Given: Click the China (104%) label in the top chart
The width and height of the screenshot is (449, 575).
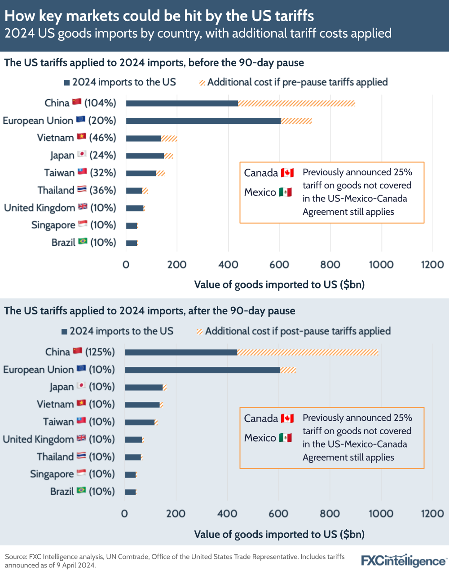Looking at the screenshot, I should tap(80, 103).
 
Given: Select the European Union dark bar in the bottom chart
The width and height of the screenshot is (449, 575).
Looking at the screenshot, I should tap(202, 370).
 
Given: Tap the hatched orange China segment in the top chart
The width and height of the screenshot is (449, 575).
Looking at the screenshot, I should tap(296, 104).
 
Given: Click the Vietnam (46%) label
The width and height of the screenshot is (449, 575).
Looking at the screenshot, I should tap(76, 138).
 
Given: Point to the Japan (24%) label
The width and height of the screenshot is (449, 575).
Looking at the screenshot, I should tap(83, 155).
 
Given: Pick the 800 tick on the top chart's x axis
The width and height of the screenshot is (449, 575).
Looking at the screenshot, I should tap(330, 265).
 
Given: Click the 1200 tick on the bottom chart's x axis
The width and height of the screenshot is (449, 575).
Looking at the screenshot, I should tap(432, 514).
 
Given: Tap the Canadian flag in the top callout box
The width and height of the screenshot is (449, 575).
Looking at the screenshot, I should tap(287, 173).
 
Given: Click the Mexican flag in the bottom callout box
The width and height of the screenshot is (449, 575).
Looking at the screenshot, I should tap(285, 438).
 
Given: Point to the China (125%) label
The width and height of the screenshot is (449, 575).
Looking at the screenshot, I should tap(80, 352).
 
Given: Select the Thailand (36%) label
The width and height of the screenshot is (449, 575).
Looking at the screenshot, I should tap(77, 190).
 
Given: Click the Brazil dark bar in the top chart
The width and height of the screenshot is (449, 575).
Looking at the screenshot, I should tap(132, 243).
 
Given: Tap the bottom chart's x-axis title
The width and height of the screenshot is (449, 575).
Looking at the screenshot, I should tap(279, 534).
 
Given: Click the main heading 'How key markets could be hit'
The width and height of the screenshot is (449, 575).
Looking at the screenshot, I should tap(159, 16).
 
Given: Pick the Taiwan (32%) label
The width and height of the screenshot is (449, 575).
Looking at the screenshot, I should tap(80, 173).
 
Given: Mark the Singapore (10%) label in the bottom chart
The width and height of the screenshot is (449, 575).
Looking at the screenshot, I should tap(72, 474).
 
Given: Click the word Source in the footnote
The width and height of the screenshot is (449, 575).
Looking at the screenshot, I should tap(16, 557).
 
